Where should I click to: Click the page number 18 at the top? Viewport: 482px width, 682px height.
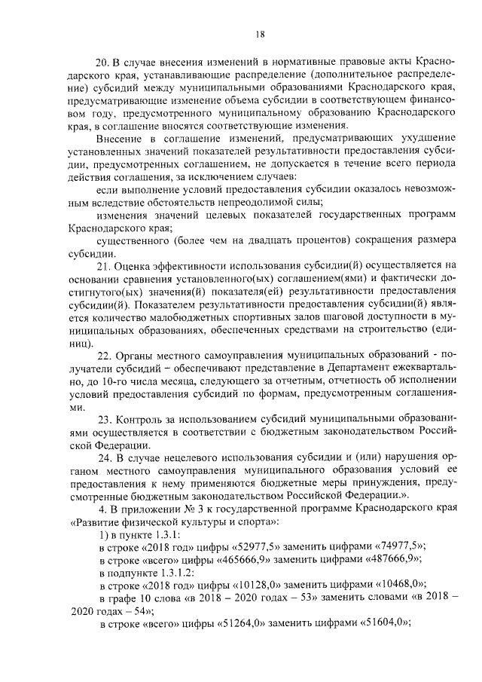[260, 33]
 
